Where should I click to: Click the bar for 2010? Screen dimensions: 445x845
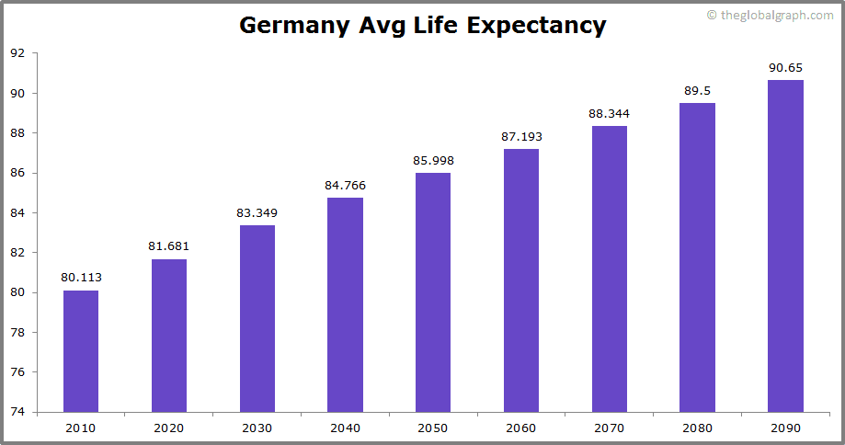[x=81, y=351]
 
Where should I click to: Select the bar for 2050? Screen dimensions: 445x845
[x=433, y=292]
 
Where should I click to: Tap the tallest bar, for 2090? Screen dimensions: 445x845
[x=785, y=245]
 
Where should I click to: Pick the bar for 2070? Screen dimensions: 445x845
[x=609, y=268]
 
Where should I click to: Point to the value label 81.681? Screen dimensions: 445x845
[x=168, y=246]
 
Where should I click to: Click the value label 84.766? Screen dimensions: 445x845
[x=345, y=186]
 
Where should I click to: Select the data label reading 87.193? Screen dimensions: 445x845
[x=521, y=137]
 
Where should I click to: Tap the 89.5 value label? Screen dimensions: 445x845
[x=697, y=91]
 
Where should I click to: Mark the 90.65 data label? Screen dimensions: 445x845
[x=785, y=68]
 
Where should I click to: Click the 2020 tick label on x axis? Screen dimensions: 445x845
[x=168, y=428]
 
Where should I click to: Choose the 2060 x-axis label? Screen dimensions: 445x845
[x=521, y=428]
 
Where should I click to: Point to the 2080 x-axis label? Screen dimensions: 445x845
[x=697, y=428]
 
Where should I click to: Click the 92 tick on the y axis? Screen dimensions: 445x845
[x=17, y=53]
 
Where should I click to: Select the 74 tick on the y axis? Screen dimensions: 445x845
[x=17, y=412]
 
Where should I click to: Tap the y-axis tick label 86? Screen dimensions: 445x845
[x=17, y=173]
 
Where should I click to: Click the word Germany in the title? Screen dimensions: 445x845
[x=293, y=25]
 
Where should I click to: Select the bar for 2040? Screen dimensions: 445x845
[x=345, y=304]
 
